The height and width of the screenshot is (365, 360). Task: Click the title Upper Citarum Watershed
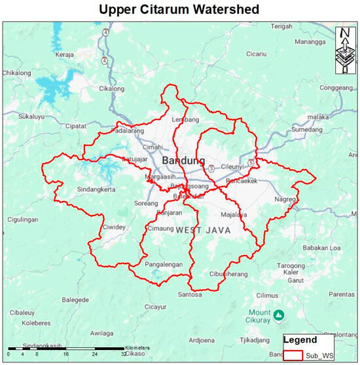(x=180, y=10)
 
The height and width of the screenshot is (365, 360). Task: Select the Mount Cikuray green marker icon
(x=279, y=315)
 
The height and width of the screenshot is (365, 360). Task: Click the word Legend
(x=300, y=340)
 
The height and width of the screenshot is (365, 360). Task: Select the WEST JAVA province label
(x=200, y=229)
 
